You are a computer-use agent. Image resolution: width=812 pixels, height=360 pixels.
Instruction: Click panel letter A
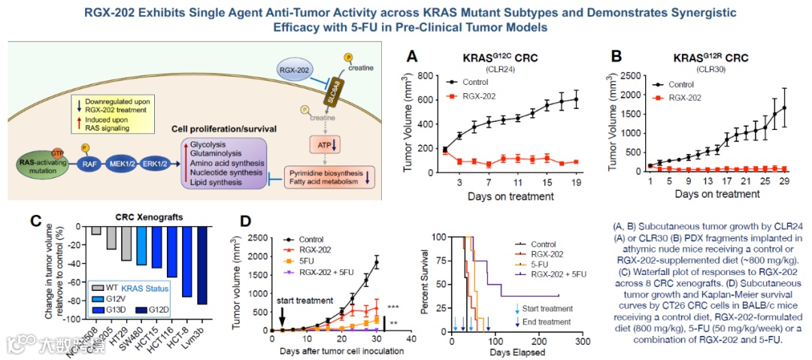pyautogui.click(x=412, y=57)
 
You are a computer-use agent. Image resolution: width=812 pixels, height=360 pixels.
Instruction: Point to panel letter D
pyautogui.click(x=244, y=223)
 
